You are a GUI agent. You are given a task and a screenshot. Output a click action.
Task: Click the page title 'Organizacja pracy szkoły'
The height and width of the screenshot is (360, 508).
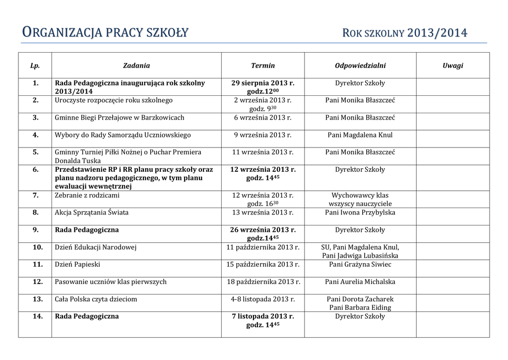(106, 33)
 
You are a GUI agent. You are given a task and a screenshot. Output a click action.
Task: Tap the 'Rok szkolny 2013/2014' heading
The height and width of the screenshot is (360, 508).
(405, 33)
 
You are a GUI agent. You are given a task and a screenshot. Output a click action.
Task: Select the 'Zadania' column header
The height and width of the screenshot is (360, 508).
(136, 66)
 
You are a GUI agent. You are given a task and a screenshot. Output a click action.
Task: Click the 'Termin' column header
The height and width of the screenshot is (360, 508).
(263, 66)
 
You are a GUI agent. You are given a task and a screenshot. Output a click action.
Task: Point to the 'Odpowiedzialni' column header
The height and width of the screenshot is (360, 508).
(360, 66)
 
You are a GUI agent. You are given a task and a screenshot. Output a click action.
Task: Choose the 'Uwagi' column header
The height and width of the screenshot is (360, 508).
(452, 66)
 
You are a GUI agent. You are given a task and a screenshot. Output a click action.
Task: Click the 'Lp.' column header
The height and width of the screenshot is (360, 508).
(35, 66)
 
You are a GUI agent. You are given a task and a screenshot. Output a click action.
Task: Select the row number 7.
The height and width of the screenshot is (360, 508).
(36, 195)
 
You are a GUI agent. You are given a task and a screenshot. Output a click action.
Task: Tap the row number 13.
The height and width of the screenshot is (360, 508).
(38, 299)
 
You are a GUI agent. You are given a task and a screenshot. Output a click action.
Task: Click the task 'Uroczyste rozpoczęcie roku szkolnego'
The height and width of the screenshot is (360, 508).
(114, 100)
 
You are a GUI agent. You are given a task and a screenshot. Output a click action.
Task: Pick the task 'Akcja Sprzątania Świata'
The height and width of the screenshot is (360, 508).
(91, 213)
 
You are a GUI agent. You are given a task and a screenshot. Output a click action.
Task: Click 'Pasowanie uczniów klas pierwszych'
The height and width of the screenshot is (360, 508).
(111, 282)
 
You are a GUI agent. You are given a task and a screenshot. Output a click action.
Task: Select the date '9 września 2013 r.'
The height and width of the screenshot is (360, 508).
(263, 135)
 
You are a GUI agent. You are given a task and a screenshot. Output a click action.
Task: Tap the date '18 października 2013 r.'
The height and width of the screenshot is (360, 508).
(263, 282)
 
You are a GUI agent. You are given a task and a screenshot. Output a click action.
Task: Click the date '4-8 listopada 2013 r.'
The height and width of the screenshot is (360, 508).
(263, 299)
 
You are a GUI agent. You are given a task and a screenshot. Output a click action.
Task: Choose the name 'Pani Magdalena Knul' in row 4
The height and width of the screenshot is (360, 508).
(360, 135)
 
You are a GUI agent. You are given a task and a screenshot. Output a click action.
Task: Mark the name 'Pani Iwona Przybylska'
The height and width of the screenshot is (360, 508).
(360, 213)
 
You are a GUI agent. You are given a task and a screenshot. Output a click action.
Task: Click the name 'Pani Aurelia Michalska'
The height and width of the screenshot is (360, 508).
(360, 282)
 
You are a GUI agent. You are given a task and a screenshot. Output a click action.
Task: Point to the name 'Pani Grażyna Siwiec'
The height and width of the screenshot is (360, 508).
(360, 265)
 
